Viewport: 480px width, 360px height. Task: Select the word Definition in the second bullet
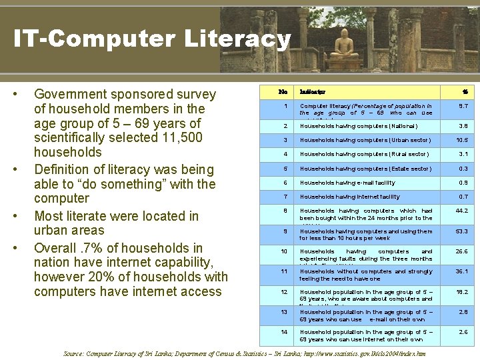click(x=64, y=169)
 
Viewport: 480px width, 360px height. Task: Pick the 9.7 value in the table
click(x=462, y=106)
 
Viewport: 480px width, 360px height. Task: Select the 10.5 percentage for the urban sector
click(x=461, y=140)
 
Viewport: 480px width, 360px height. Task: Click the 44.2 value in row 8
click(x=461, y=211)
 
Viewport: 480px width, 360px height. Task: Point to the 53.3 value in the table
click(x=461, y=232)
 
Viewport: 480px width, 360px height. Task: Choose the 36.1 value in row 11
click(x=461, y=271)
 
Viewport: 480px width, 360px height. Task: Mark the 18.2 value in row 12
click(x=461, y=292)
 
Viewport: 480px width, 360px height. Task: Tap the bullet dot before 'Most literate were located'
click(x=23, y=216)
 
